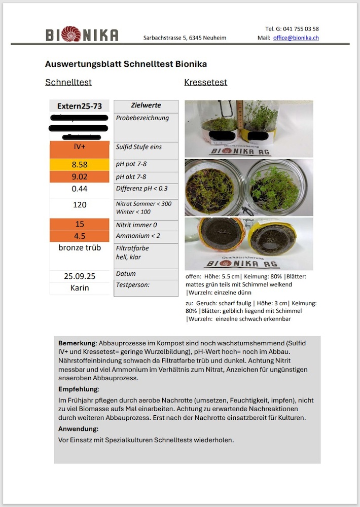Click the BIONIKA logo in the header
[82, 34]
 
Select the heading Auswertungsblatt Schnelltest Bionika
[126, 64]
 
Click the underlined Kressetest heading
[205, 82]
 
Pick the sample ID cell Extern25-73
[80, 106]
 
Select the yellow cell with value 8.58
[80, 165]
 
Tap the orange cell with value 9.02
[80, 177]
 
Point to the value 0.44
[80, 189]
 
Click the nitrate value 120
[80, 205]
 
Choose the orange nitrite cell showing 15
[80, 224]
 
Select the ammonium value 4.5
[80, 236]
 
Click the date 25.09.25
[80, 276]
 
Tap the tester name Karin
[80, 288]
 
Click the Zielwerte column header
[146, 105]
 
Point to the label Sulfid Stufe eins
[139, 147]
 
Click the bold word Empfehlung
[78, 389]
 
